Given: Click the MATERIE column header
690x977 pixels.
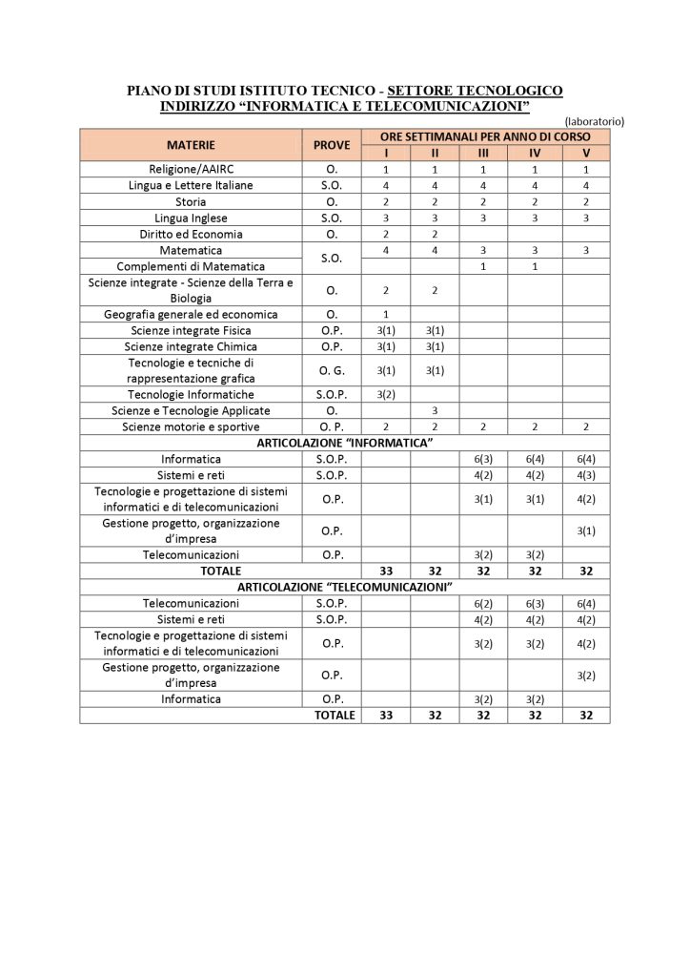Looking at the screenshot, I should tap(192, 145).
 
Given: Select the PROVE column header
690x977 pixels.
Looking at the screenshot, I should tap(332, 145).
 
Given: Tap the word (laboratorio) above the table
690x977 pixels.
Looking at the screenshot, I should tap(593, 122).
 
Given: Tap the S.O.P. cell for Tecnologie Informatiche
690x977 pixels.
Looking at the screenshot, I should tap(332, 394).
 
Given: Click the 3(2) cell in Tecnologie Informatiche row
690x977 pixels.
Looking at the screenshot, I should tap(386, 394).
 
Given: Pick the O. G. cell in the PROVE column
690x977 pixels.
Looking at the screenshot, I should tap(332, 370).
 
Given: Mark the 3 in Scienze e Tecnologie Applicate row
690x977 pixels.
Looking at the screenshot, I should tap(435, 410).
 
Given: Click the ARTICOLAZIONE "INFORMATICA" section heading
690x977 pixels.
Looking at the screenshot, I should tap(345, 443).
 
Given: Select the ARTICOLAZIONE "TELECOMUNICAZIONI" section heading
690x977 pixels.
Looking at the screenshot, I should tap(345, 587).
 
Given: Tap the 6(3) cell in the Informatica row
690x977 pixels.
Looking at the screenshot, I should tap(483, 459).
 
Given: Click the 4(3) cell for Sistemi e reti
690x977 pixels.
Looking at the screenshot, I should tap(585, 475).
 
